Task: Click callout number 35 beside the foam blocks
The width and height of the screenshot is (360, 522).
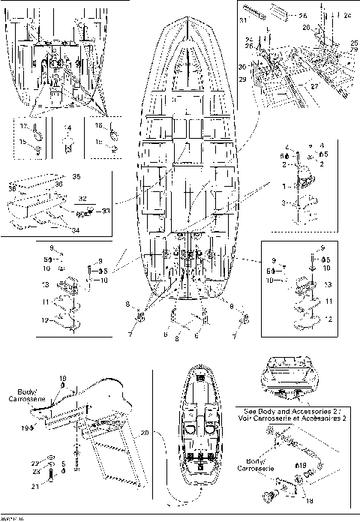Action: pyautogui.click(x=74, y=176)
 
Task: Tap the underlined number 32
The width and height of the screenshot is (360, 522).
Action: pyautogui.click(x=82, y=199)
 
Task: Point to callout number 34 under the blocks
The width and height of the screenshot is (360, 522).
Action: pyautogui.click(x=75, y=229)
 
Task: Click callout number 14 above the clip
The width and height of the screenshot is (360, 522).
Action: pyautogui.click(x=67, y=127)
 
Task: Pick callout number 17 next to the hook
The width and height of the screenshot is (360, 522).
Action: pyautogui.click(x=22, y=127)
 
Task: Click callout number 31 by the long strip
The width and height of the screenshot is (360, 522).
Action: pyautogui.click(x=242, y=19)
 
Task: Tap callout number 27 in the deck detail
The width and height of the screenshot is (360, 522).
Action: pyautogui.click(x=293, y=87)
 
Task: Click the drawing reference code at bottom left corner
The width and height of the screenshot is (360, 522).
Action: pyautogui.click(x=12, y=517)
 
